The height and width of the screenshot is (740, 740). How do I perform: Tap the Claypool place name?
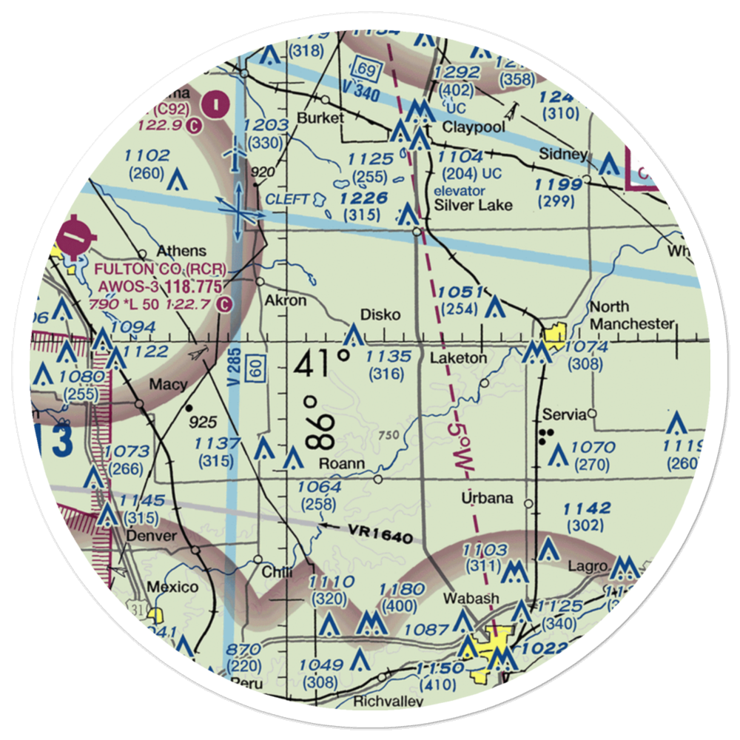click(474, 127)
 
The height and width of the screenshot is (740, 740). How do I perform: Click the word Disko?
click(381, 315)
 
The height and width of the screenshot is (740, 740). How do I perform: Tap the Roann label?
click(342, 464)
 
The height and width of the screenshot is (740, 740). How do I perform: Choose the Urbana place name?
click(487, 498)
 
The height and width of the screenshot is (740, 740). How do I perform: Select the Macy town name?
click(168, 385)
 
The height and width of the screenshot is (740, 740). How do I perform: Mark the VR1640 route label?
click(376, 534)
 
